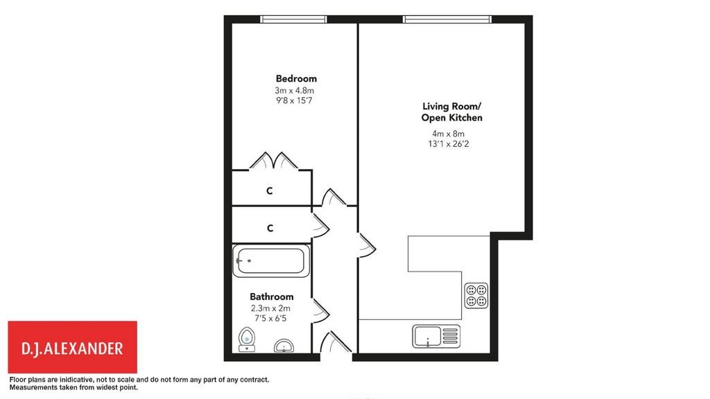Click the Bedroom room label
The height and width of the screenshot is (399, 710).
pos(296,79)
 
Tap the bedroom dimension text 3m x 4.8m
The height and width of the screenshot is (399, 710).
pos(294,91)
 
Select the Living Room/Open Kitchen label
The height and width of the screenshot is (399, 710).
pos(452,112)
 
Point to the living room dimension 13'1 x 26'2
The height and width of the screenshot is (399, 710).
pos(449,144)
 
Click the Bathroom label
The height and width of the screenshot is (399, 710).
pos(272,296)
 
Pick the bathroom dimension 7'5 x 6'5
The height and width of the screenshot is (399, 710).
pos(270,319)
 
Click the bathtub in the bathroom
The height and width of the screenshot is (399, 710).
pos(271,260)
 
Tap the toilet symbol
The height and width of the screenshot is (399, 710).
pos(247,339)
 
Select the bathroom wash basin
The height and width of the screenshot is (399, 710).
pos(284,346)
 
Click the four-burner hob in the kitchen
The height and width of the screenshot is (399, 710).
pos(476,295)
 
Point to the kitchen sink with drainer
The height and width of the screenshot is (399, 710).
pos(436,336)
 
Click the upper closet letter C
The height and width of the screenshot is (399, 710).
pos(270,191)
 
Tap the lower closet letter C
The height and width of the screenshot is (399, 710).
pos(270,228)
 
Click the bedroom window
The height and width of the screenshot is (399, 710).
pos(293,19)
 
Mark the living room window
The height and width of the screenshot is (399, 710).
pos(447,19)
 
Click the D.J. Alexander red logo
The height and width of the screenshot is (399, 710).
pos(72,347)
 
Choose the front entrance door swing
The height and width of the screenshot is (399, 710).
pos(336,342)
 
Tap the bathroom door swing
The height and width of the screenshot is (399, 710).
pos(320,311)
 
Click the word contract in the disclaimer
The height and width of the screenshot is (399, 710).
pos(255,380)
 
